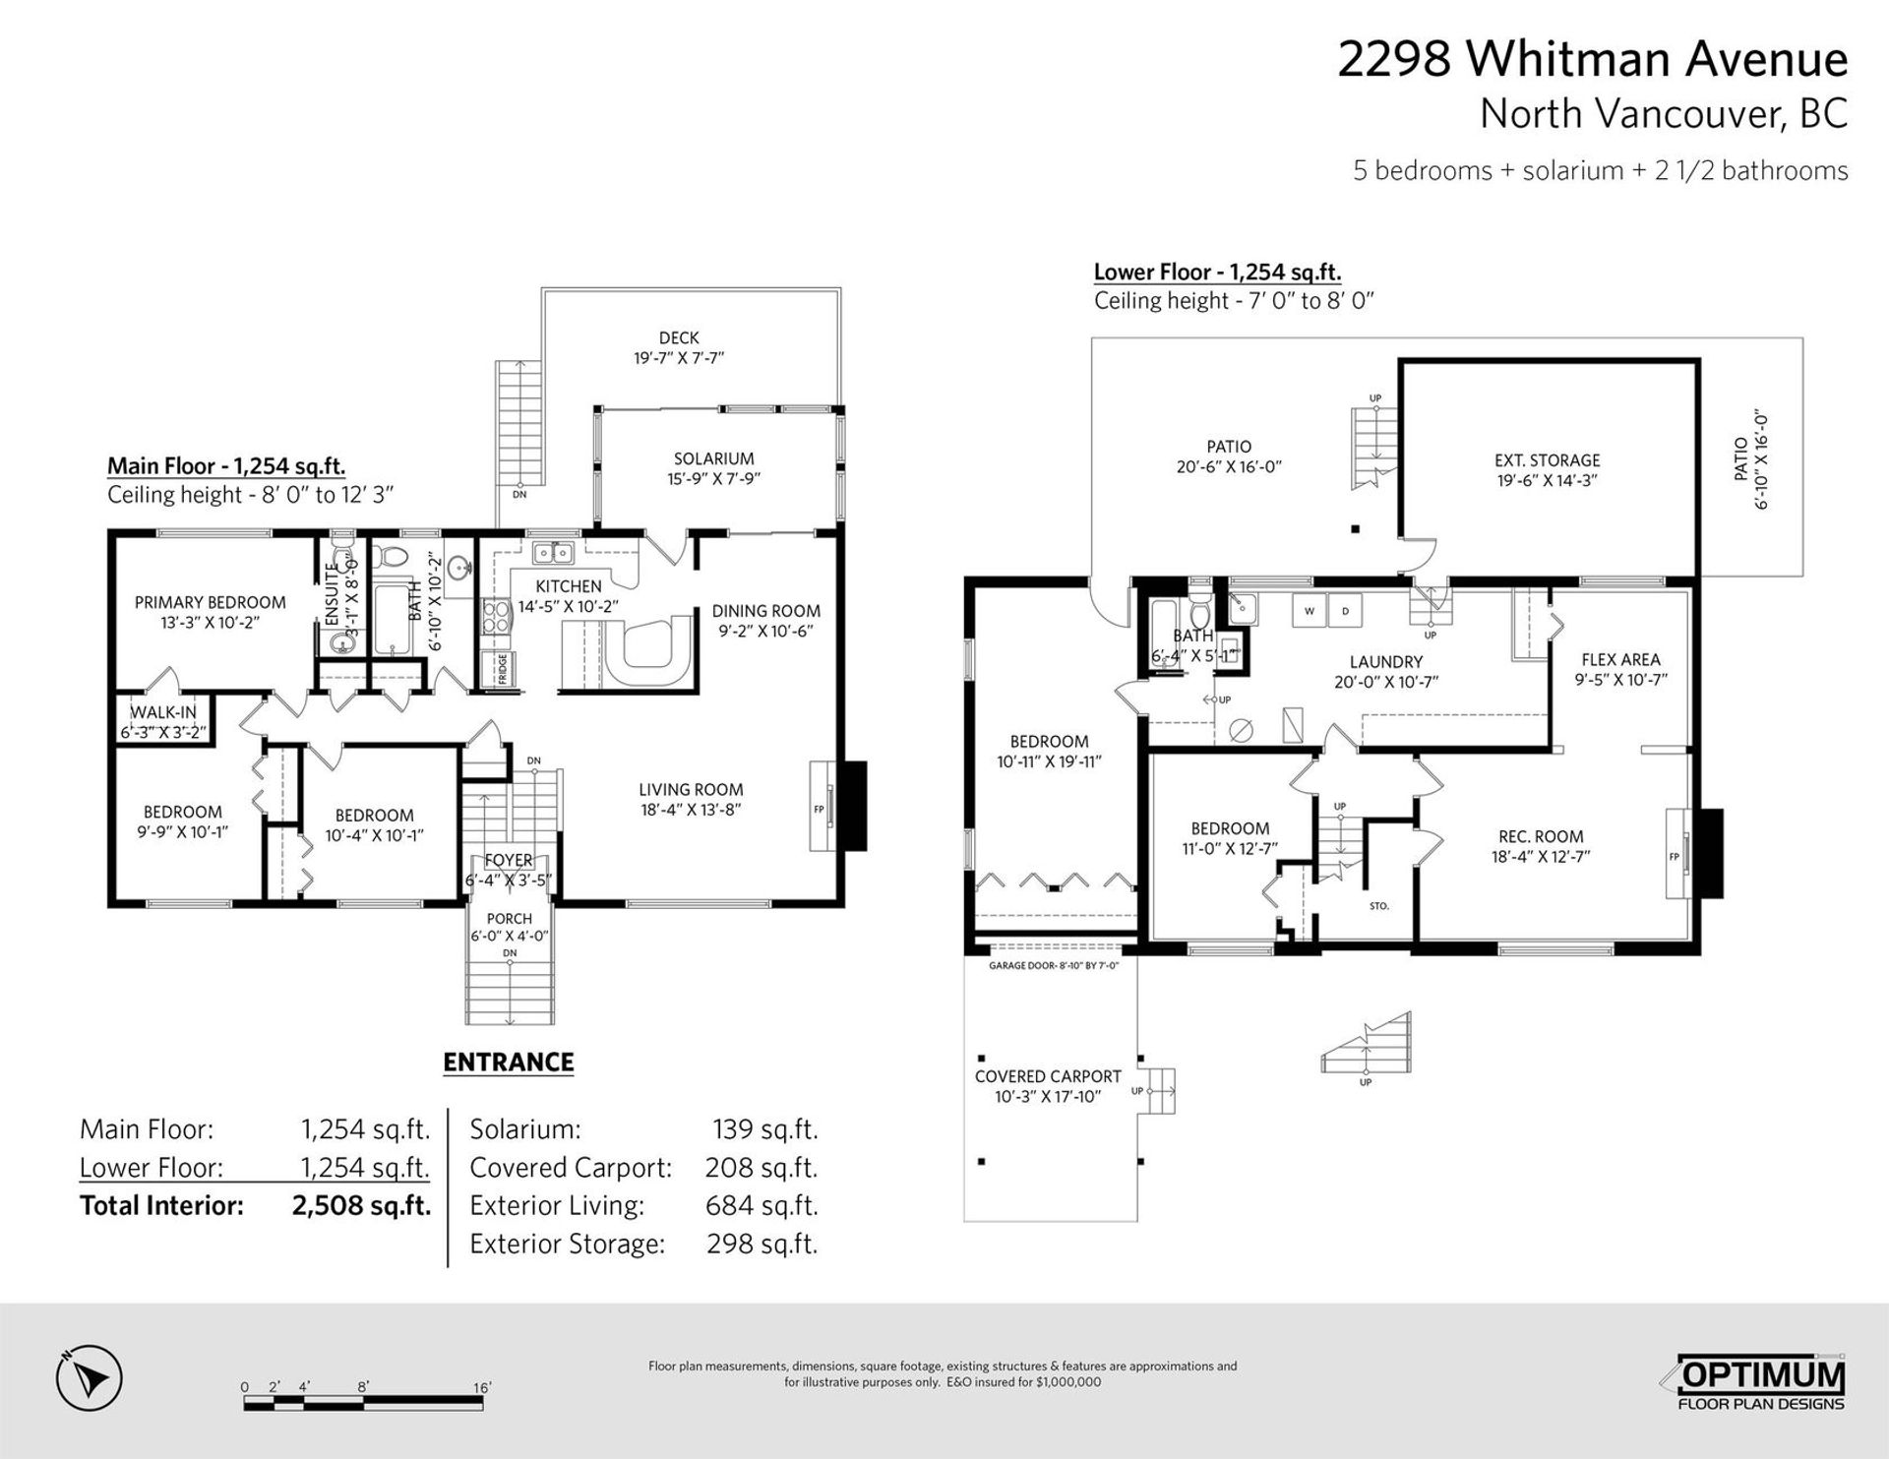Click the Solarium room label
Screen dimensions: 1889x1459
[x=713, y=458]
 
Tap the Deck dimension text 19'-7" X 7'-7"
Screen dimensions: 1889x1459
[x=679, y=359]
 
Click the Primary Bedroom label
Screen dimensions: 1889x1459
[x=210, y=602]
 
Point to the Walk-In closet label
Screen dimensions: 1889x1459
[x=163, y=712]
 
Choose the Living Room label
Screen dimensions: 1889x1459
[x=691, y=789]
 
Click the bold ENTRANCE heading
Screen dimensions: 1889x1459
[x=508, y=1063]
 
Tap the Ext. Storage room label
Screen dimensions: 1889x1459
[x=1547, y=460]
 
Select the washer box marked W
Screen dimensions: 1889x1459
[x=1310, y=611]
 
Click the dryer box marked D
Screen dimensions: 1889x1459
[x=1345, y=611]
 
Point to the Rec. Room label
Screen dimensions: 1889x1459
[x=1541, y=836]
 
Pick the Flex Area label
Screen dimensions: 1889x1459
[x=1620, y=659]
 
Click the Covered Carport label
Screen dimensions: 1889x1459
[x=1048, y=1076]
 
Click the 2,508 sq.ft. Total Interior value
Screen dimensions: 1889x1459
[x=361, y=1206]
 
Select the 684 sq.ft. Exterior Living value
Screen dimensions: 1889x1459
[x=762, y=1206]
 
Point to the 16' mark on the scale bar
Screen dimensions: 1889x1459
[x=482, y=1387]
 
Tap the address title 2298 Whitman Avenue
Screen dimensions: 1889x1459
[x=1592, y=59]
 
